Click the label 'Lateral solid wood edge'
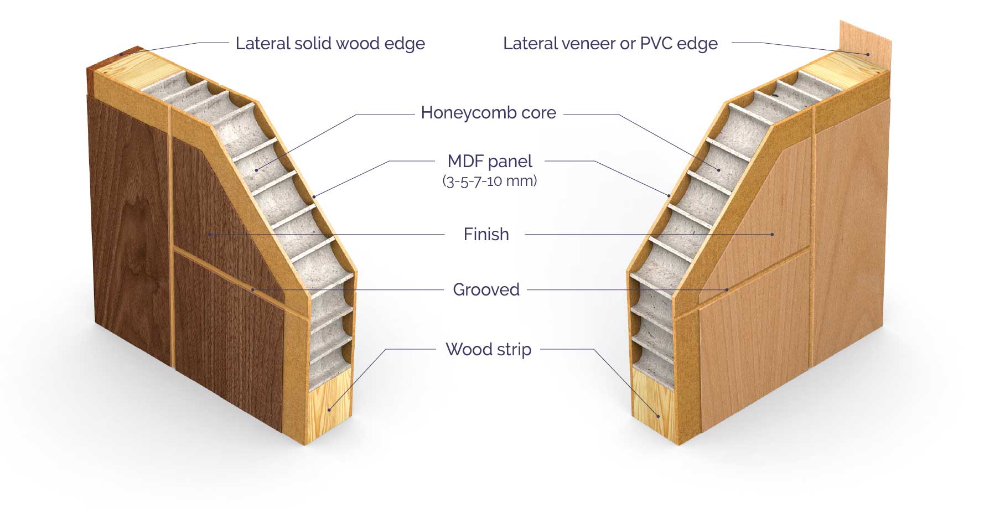pyautogui.click(x=330, y=43)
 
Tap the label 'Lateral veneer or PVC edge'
pyautogui.click(x=610, y=43)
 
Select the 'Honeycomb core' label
pyautogui.click(x=488, y=112)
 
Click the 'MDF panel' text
pyautogui.click(x=490, y=161)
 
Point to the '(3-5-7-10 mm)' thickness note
pyautogui.click(x=490, y=181)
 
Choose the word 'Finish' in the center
pyautogui.click(x=486, y=234)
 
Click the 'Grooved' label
pyautogui.click(x=486, y=289)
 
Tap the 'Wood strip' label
pyautogui.click(x=488, y=349)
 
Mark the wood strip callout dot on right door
pyautogui.click(x=659, y=416)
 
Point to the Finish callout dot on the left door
pyautogui.click(x=210, y=235)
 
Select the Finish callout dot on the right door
pyautogui.click(x=772, y=235)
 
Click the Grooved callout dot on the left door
pyautogui.click(x=253, y=289)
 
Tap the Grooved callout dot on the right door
pyautogui.click(x=727, y=289)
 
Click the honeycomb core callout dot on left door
pyautogui.click(x=257, y=169)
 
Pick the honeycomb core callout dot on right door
pyautogui.click(x=719, y=169)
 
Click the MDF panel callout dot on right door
pyautogui.click(x=669, y=195)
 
